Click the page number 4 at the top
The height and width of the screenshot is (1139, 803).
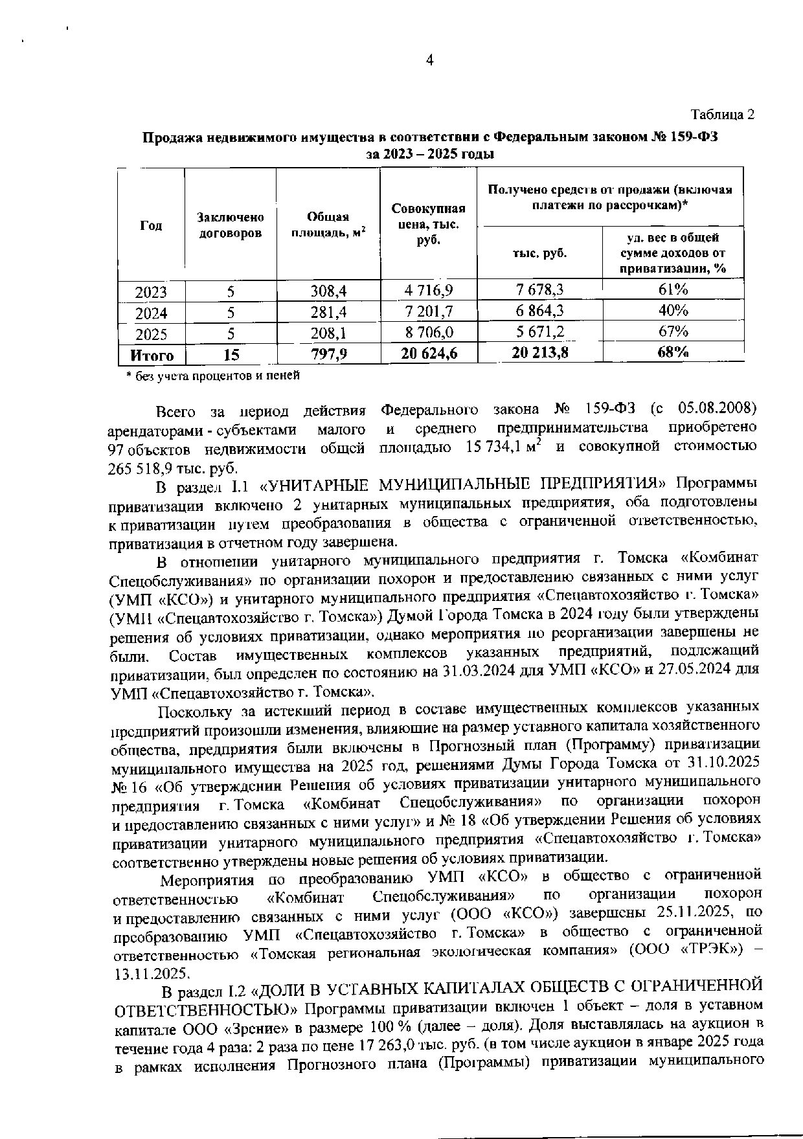point(429,61)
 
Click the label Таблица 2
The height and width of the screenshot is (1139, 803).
point(723,115)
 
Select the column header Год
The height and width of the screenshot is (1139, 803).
point(151,225)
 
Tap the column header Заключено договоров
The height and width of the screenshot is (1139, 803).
point(231,225)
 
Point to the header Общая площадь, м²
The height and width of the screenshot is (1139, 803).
point(328,225)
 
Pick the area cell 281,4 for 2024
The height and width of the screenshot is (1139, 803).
point(328,312)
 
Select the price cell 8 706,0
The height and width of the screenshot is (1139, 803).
point(429,333)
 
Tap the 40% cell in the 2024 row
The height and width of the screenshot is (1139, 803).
point(673,311)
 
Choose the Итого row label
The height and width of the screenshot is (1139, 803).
point(152,355)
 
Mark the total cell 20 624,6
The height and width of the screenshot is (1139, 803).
point(429,354)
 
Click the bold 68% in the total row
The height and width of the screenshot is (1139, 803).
point(673,353)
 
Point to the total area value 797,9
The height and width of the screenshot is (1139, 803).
point(328,354)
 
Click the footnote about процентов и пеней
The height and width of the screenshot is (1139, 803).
point(213,375)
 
